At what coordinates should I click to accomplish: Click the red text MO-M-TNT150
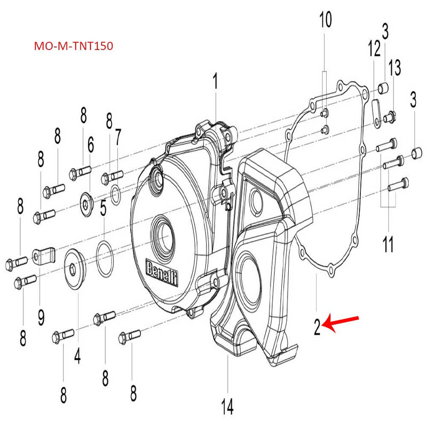click(73, 46)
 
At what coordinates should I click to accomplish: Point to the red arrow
click(342, 322)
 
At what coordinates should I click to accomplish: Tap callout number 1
click(215, 83)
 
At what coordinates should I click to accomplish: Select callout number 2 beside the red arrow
click(317, 326)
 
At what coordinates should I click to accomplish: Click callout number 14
click(227, 408)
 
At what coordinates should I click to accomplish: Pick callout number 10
click(325, 20)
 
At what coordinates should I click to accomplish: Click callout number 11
click(388, 246)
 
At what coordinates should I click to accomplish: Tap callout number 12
click(373, 52)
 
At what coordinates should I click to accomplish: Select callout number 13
click(394, 67)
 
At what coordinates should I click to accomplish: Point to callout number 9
click(41, 319)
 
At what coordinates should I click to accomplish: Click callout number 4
click(78, 355)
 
